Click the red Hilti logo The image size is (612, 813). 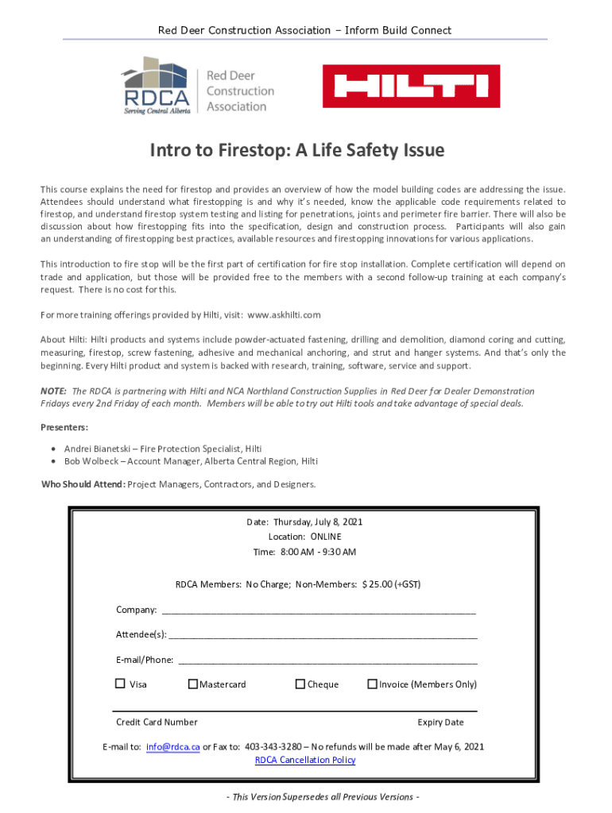point(411,86)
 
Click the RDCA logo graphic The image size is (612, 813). point(156,86)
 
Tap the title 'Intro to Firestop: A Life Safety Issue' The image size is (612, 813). point(298,151)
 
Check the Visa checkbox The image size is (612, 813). point(120,684)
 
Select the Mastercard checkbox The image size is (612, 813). point(192,684)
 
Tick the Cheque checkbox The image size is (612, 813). point(300,684)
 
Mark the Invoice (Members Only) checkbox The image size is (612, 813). point(372,684)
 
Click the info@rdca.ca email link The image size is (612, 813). point(172,746)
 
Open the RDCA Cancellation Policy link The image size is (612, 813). point(305,760)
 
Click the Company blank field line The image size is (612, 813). point(318,611)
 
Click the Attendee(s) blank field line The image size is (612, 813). point(322,636)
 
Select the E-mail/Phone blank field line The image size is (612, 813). point(327,661)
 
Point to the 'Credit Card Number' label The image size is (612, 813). point(157,722)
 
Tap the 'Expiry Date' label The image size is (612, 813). point(440,722)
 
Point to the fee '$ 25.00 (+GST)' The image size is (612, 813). point(391,584)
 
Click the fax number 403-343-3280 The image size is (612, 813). point(273,746)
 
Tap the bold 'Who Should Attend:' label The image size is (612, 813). point(83,484)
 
